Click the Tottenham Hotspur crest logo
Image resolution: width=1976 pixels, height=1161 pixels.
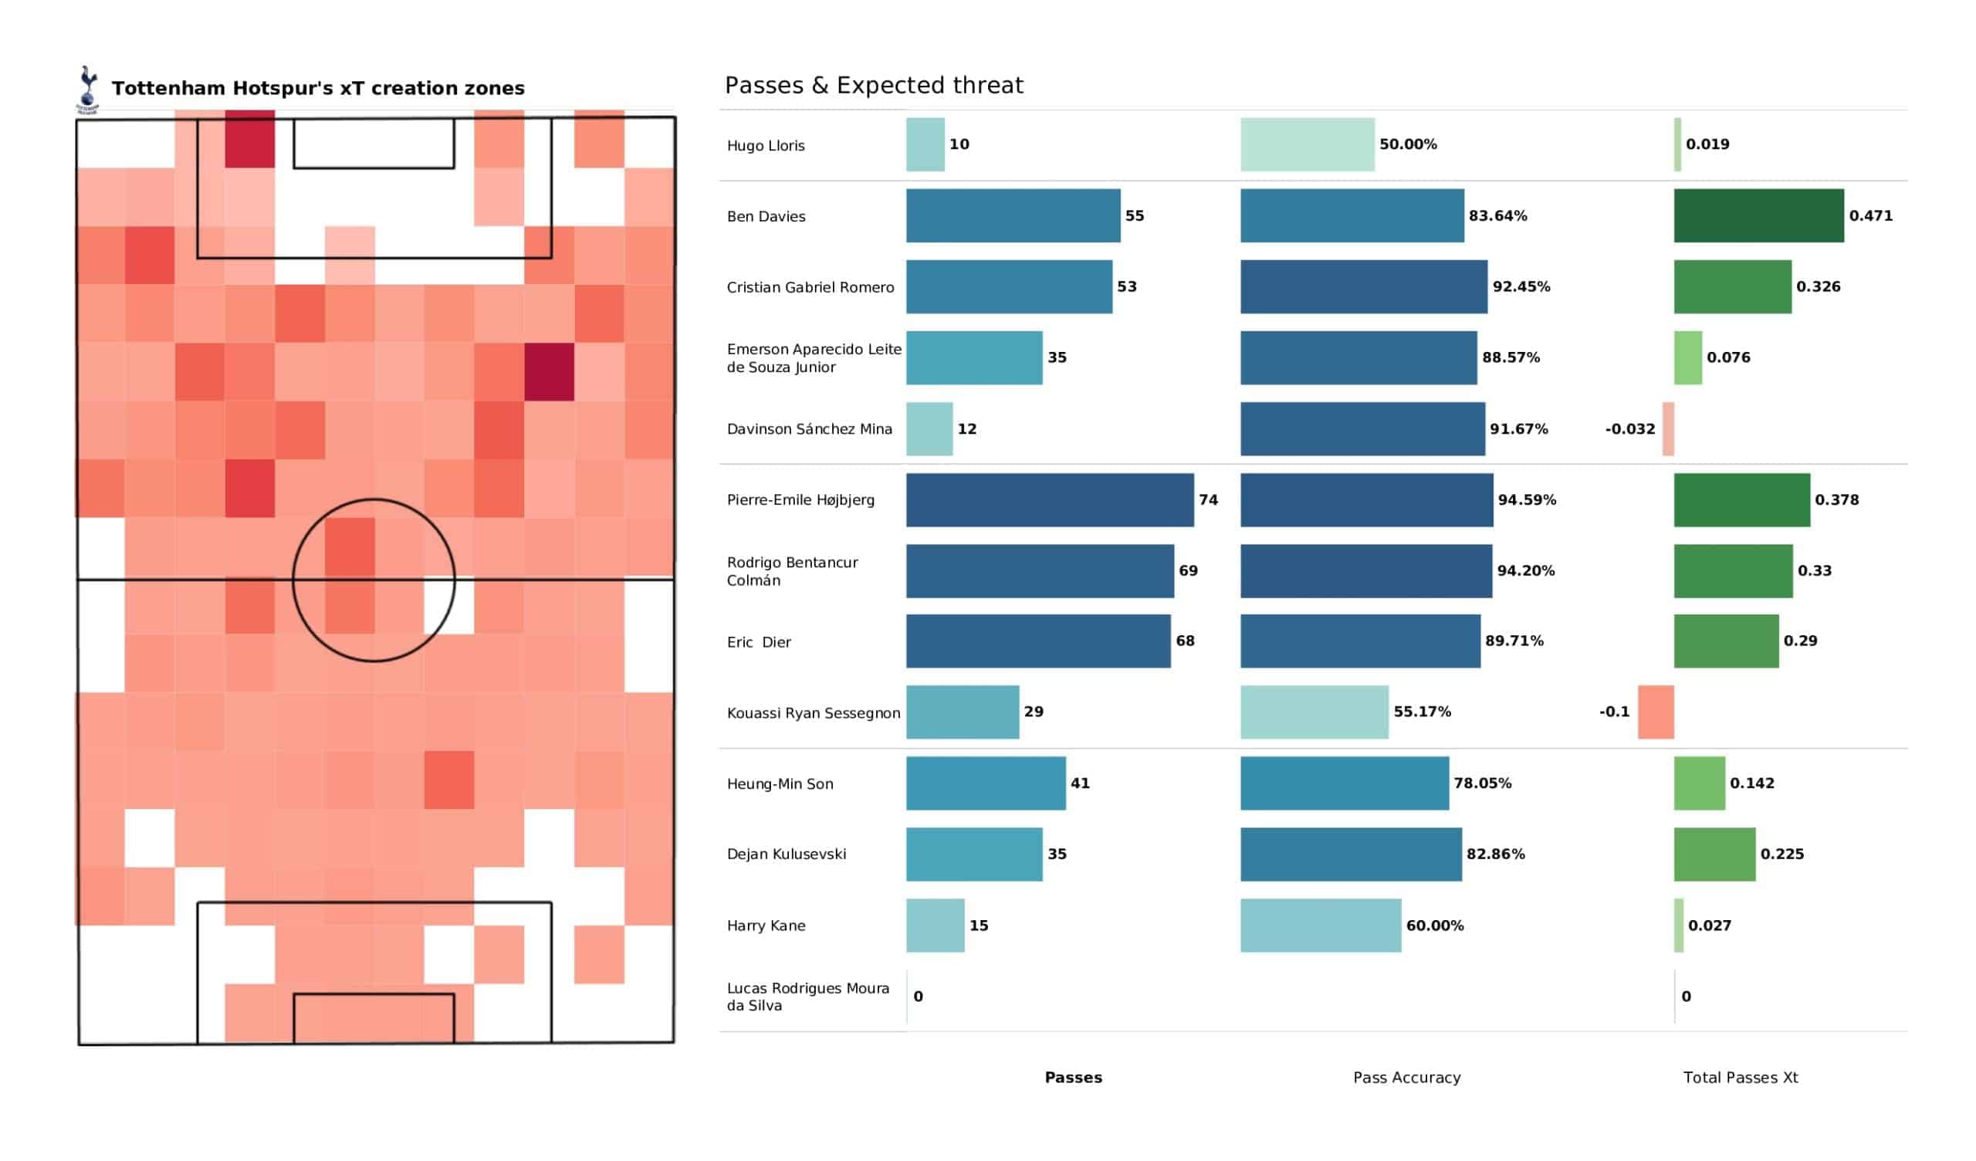(x=88, y=89)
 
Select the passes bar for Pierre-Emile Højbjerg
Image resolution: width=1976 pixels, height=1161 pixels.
(x=1049, y=499)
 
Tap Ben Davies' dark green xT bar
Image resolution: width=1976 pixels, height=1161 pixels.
(x=1758, y=215)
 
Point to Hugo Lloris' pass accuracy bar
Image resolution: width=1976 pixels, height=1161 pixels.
(x=1307, y=144)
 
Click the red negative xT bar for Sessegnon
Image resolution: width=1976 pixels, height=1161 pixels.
(x=1656, y=713)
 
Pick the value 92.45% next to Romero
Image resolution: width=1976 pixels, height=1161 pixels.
(x=1521, y=287)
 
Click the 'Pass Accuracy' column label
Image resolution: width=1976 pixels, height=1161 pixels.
(x=1406, y=1078)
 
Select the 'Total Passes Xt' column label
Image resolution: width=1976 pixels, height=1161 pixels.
(x=1740, y=1078)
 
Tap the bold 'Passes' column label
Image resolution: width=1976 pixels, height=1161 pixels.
(x=1073, y=1078)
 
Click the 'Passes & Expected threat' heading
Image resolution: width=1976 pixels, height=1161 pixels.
(x=874, y=86)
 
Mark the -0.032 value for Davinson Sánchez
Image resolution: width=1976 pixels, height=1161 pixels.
(x=1629, y=429)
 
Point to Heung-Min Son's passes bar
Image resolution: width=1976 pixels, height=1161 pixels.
(x=986, y=783)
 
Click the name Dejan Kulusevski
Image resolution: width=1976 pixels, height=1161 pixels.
(x=786, y=855)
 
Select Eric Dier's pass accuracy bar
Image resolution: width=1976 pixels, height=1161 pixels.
(x=1360, y=641)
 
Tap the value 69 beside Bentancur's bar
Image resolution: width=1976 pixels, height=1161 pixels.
(x=1187, y=571)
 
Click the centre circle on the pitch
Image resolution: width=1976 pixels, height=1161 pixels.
(x=374, y=580)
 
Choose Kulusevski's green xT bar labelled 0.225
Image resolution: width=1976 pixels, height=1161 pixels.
(x=1714, y=855)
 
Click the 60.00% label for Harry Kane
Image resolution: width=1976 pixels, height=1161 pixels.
(x=1434, y=926)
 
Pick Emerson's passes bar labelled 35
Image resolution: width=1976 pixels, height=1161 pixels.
(x=974, y=357)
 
